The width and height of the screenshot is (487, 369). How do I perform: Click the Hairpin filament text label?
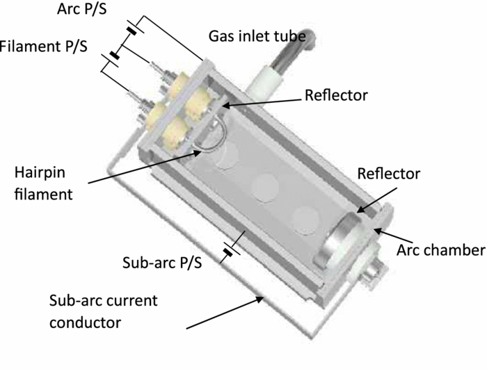[x=44, y=182]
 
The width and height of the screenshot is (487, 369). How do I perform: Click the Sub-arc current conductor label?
[x=104, y=311]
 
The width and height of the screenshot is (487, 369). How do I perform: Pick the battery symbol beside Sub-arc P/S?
[x=228, y=252]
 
